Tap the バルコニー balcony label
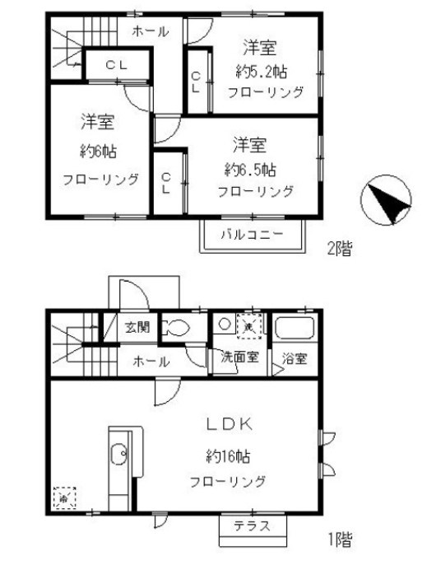pos(252,235)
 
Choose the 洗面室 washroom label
pos(239,358)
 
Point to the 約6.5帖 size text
pos(251,169)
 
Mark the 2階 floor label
pos(340,247)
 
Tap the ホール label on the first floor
pos(151,361)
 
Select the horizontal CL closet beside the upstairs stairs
pos(117,63)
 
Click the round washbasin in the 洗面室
pos(224,325)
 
